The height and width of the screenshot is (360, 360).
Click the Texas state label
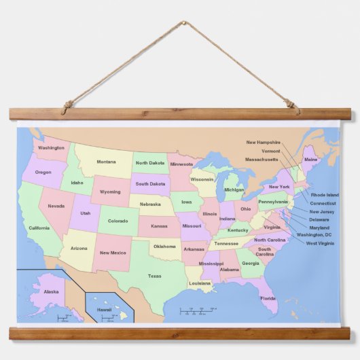pos(155,276)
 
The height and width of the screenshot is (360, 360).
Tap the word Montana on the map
pos(106,162)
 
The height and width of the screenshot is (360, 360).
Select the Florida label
pos(268,298)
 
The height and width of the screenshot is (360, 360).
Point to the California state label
pos(39,228)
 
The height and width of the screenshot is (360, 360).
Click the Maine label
pos(310,160)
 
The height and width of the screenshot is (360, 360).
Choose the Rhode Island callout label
pos(324,195)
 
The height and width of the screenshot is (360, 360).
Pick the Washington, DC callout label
pos(319,235)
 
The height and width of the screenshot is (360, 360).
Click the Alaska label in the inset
pos(51,291)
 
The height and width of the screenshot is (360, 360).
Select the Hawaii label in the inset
pos(104,309)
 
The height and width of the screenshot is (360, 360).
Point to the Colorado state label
pos(118,221)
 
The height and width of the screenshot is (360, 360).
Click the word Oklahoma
pos(164,247)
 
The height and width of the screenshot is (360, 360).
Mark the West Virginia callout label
pos(320,243)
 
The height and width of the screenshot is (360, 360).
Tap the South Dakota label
pos(150,184)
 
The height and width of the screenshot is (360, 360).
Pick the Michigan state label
pos(234,190)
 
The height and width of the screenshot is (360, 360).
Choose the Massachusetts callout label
pos(262,160)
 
